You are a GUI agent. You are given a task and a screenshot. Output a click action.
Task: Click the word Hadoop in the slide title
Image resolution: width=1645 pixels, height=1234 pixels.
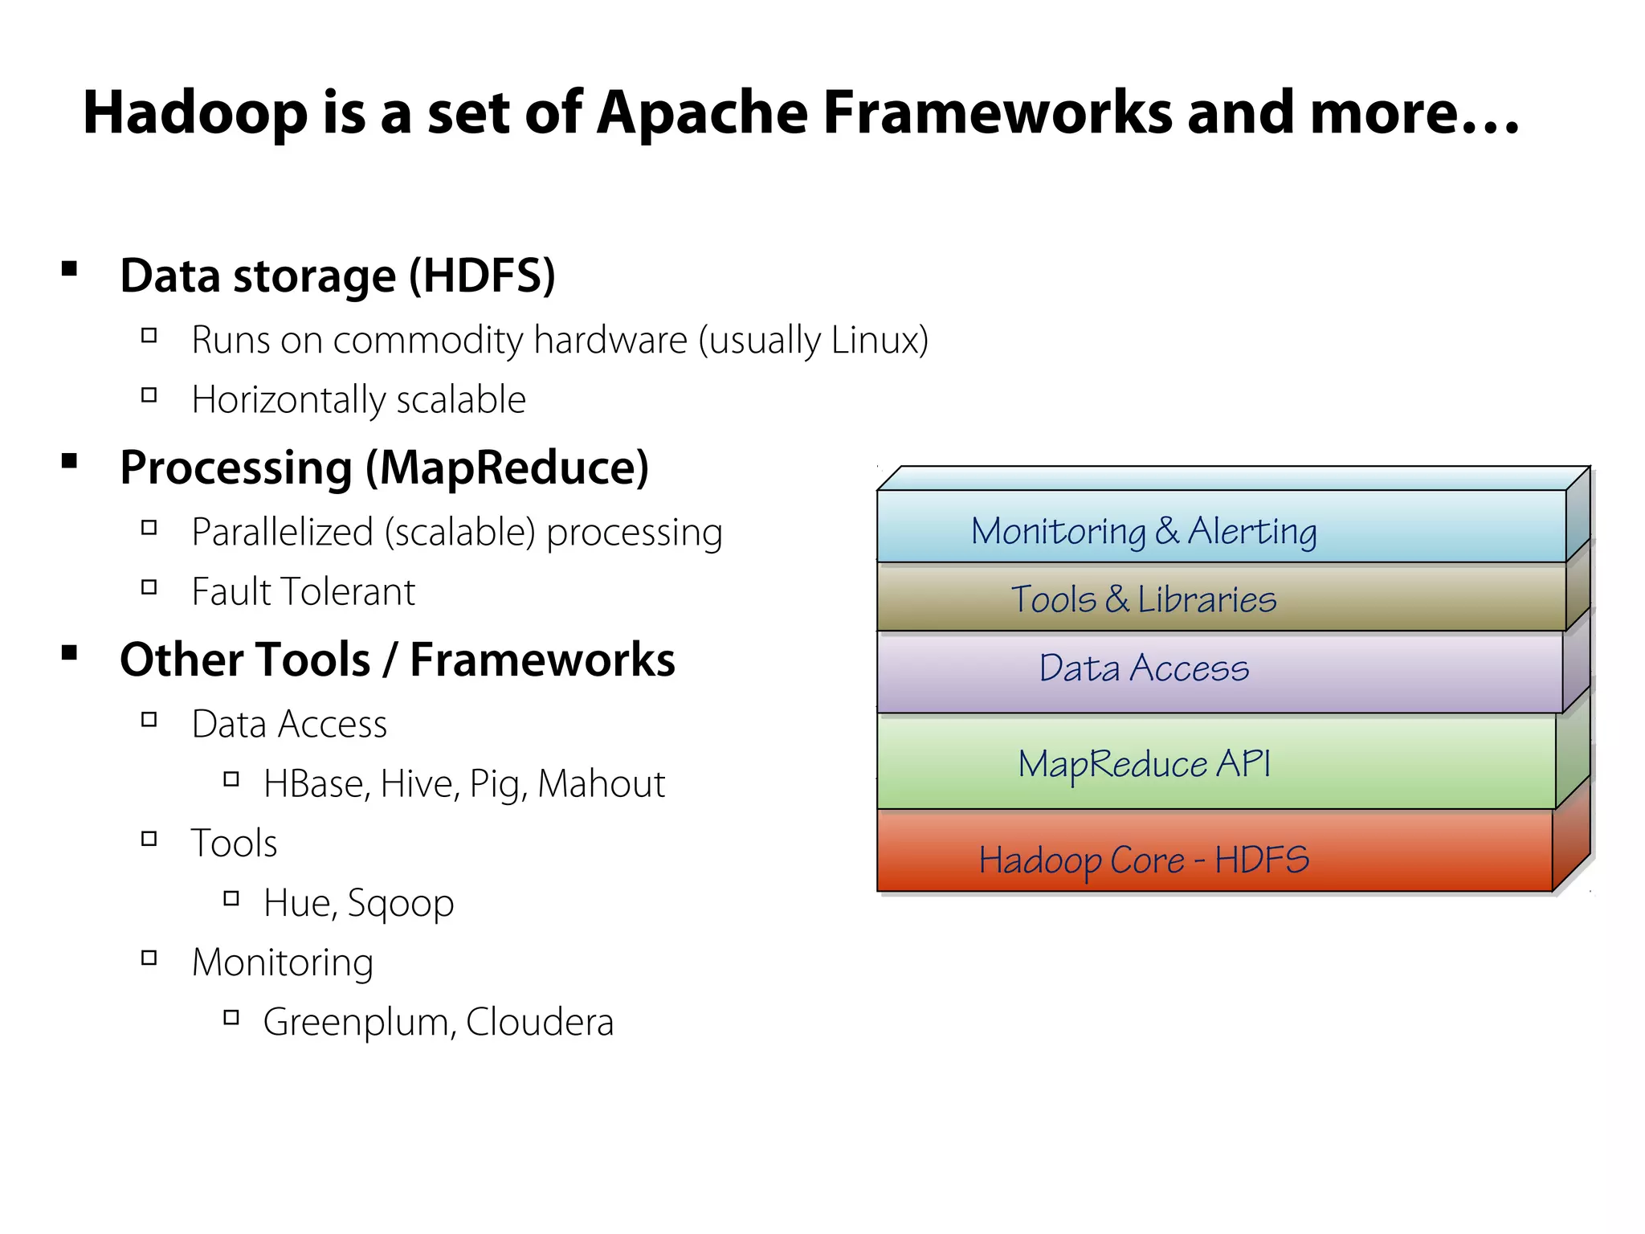pos(195,112)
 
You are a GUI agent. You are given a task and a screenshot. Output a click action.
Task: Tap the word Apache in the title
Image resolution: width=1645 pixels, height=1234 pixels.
pos(701,112)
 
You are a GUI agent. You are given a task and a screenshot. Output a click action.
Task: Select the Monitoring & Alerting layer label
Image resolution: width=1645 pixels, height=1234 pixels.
pos(1144,531)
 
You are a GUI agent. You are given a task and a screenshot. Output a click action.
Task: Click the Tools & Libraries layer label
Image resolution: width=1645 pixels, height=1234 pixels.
pos(1144,599)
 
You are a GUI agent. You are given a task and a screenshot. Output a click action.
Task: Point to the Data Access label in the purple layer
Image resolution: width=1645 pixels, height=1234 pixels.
pos(1144,668)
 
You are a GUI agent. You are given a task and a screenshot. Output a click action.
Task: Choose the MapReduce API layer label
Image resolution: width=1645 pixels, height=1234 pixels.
pos(1144,763)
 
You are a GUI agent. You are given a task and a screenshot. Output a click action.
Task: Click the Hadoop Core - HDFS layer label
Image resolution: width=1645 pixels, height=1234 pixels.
pos(1144,860)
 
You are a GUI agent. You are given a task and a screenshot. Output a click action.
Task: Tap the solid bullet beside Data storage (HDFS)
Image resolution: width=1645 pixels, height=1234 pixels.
pos(70,268)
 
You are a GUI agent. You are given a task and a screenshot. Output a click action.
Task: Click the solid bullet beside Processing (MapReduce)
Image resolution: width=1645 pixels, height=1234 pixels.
pos(70,460)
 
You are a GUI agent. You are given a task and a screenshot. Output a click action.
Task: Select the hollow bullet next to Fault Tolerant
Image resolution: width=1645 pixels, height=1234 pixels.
pos(149,587)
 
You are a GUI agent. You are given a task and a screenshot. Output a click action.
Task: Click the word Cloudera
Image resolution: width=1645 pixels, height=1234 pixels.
pos(539,1023)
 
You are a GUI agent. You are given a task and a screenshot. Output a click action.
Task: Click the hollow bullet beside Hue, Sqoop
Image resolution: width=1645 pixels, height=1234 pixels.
pos(231,898)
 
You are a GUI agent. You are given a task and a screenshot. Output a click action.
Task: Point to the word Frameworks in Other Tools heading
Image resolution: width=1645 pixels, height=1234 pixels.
pos(542,660)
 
